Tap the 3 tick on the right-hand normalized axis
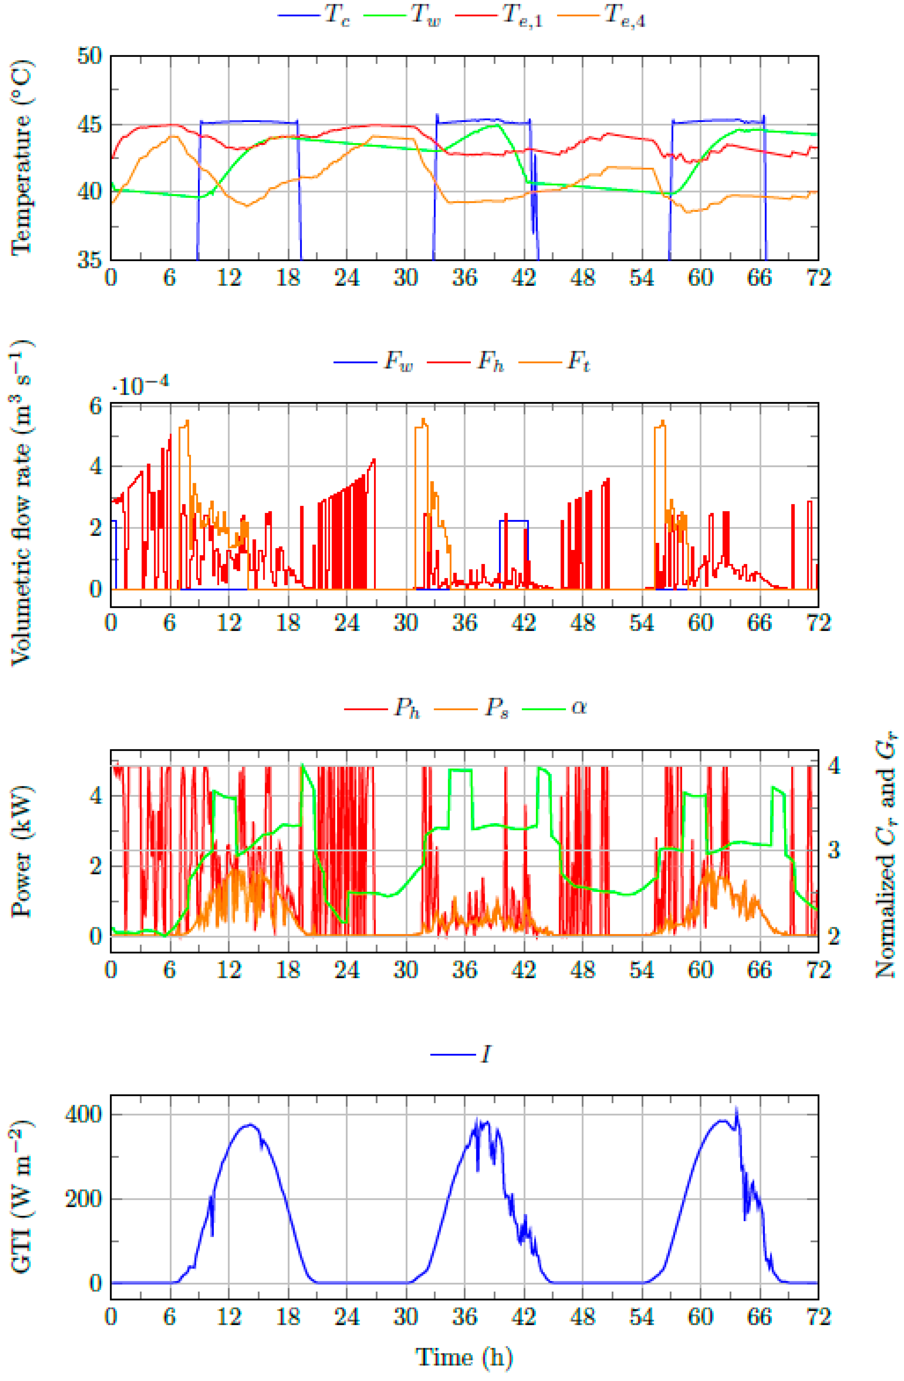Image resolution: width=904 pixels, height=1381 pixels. (x=833, y=851)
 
